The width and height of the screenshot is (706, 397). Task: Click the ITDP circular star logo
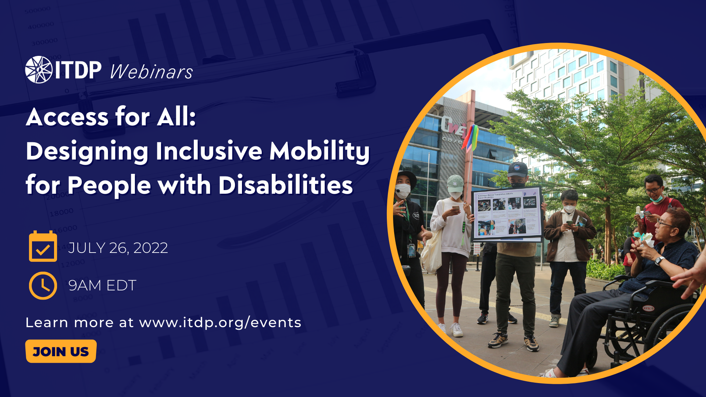point(39,70)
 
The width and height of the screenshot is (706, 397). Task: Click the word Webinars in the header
point(151,72)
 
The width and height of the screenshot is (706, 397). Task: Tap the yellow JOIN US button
point(61,351)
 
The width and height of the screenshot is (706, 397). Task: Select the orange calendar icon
point(43,247)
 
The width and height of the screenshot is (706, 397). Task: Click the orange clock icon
point(43,286)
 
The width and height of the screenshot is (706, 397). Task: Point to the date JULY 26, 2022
point(118,248)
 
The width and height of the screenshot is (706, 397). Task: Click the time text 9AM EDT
point(102,286)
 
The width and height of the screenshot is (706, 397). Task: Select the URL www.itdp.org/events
point(220,323)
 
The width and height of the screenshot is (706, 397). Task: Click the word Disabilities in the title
point(285,185)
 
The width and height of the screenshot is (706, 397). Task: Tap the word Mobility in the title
point(319,151)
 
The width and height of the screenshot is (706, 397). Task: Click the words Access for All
point(110,117)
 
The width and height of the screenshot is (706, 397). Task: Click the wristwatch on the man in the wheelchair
point(659,260)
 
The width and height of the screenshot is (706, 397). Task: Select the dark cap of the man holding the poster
point(518,170)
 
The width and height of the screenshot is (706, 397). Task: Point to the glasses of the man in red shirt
point(653,190)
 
